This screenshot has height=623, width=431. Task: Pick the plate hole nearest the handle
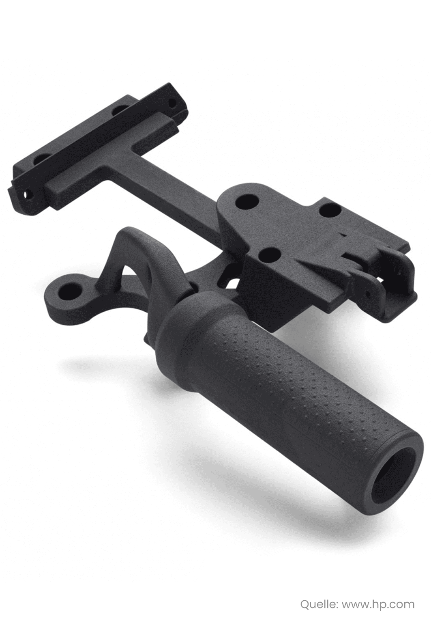268,253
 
